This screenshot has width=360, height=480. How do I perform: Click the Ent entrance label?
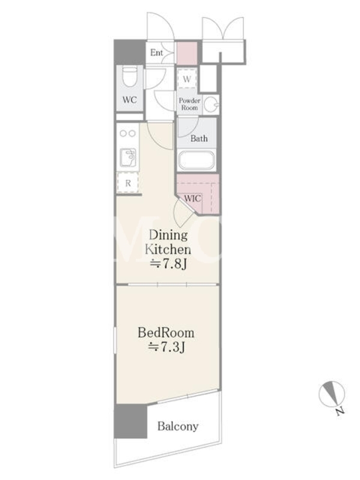coord(157,53)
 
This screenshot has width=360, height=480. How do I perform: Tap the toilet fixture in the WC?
coord(130,77)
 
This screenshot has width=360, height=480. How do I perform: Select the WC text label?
coord(130,100)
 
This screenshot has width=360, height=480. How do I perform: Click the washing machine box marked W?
coord(187,79)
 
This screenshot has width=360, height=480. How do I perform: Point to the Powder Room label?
coord(190,104)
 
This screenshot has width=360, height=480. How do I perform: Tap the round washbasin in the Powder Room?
coord(211,104)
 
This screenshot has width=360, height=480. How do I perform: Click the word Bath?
coord(199,139)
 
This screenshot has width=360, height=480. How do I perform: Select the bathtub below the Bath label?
coord(197,160)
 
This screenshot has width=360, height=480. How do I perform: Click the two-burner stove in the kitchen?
coord(128,133)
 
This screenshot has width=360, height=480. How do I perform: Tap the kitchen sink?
coord(128,157)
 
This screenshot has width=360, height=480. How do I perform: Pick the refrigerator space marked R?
coord(128,183)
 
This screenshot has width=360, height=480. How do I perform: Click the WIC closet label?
coord(193,199)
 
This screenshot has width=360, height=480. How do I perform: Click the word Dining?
coord(168,235)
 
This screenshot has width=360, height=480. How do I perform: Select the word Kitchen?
coord(168,249)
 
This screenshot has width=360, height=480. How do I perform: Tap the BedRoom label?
coord(166,333)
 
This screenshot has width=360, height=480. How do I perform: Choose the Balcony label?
coord(178,426)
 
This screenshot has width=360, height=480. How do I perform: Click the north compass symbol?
coord(332,395)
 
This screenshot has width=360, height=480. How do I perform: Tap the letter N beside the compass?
coord(340,412)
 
